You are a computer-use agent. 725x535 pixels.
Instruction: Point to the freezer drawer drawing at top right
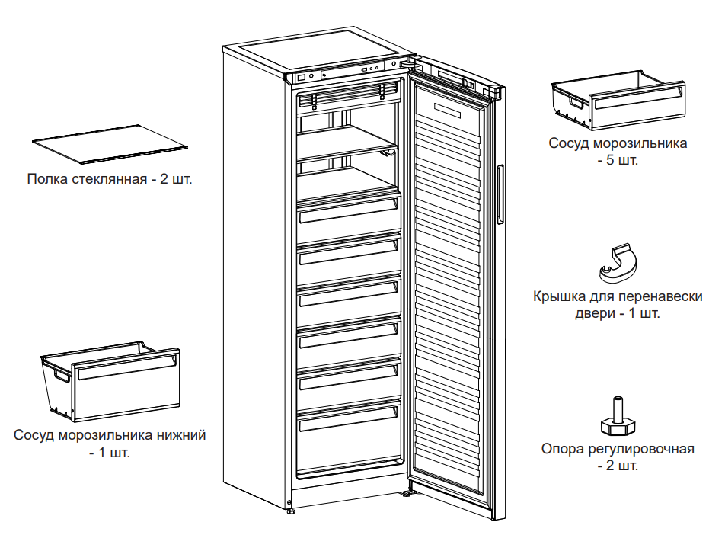point(608,98)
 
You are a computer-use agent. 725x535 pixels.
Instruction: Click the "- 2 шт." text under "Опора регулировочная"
point(618,466)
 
